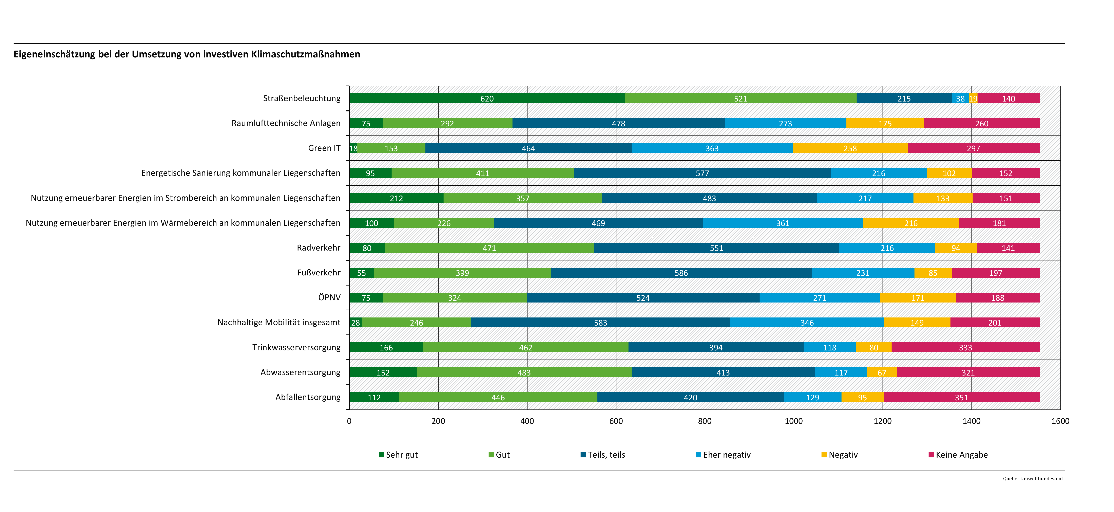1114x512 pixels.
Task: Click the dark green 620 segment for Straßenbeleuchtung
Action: [x=487, y=98]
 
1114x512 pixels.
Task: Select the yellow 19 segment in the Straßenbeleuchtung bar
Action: [x=973, y=98]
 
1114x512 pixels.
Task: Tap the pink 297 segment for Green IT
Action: [x=974, y=148]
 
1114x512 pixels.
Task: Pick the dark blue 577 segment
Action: [x=702, y=173]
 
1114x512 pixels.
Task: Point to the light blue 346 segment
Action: [x=807, y=323]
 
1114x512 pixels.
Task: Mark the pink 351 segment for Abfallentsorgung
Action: [x=961, y=397]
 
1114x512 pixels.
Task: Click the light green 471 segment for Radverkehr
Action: [x=489, y=248]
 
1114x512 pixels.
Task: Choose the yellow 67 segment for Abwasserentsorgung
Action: [x=882, y=372]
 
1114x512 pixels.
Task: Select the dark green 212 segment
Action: [x=396, y=198]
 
